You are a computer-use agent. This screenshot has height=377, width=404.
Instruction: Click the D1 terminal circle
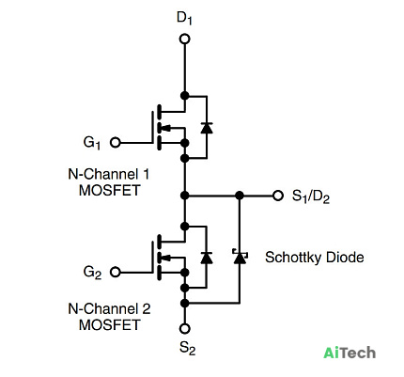(185, 39)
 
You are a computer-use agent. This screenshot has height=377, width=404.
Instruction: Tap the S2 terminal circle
(185, 328)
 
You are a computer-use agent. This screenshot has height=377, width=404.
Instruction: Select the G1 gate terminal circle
(116, 143)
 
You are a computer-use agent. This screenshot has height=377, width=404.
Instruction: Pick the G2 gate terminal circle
(116, 272)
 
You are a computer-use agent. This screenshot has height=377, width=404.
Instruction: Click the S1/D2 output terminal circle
(277, 196)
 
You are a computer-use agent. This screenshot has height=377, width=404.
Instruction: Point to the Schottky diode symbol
(240, 257)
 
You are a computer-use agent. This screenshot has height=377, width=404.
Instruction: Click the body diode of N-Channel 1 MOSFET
(207, 128)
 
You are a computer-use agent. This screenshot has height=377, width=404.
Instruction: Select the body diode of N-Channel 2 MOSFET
(207, 258)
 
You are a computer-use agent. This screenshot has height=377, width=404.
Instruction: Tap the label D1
(184, 18)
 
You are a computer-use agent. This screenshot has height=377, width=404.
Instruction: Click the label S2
(187, 348)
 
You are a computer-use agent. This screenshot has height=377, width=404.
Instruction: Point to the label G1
(92, 143)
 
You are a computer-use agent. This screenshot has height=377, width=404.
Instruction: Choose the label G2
(92, 272)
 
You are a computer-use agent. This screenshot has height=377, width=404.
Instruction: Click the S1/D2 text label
(311, 196)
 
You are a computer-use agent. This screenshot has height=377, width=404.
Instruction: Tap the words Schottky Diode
(315, 258)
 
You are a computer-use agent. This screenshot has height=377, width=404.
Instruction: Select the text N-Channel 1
(109, 174)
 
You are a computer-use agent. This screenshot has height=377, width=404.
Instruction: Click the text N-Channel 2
(109, 308)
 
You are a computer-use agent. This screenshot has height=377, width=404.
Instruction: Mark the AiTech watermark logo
(350, 353)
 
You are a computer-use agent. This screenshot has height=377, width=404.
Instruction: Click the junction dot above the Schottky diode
(240, 196)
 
